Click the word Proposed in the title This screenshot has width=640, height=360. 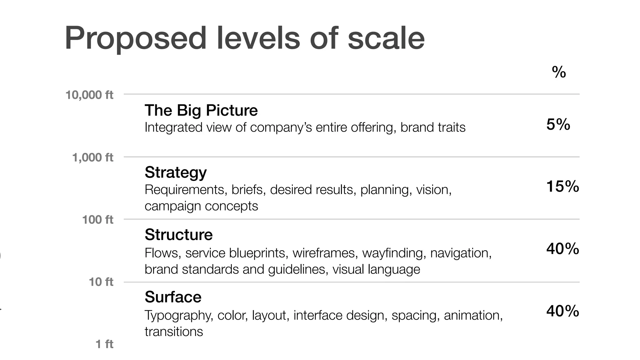point(135,38)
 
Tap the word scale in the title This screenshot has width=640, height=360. point(386,38)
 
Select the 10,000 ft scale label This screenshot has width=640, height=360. point(89,95)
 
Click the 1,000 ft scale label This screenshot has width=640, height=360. point(92,157)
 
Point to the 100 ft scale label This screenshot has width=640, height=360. point(97,220)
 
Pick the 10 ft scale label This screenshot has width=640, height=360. point(101,282)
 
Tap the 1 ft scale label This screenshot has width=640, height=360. point(104,344)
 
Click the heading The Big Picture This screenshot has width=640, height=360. point(201,110)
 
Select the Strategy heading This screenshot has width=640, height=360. point(176,172)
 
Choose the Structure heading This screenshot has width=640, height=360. point(178,235)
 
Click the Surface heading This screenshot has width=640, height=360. point(173,297)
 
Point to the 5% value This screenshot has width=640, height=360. point(558,124)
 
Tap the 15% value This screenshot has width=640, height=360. point(562,187)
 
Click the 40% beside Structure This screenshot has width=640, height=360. point(562,249)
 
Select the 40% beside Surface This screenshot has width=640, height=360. point(562,311)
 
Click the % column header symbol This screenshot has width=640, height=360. point(559,72)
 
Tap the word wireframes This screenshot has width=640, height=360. point(325,253)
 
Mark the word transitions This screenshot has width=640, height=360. point(174,332)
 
